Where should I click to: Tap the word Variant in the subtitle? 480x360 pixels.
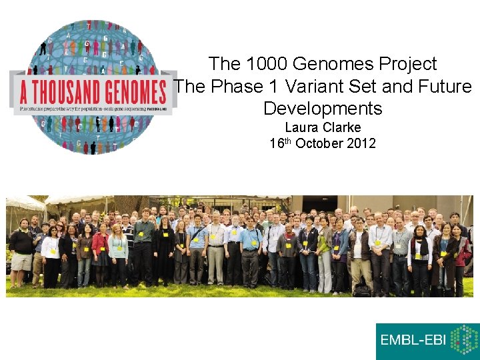pyautogui.click(x=323, y=87)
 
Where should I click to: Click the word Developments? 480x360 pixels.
pyautogui.click(x=323, y=109)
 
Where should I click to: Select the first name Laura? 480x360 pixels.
pyautogui.click(x=301, y=127)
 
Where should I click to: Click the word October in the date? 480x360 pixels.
pyautogui.click(x=321, y=143)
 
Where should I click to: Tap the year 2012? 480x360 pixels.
pyautogui.click(x=361, y=143)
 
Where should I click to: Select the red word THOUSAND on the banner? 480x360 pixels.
pyautogui.click(x=70, y=90)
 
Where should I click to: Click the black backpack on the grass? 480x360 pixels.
pyautogui.click(x=362, y=289)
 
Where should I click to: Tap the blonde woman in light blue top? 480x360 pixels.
pyautogui.click(x=119, y=253)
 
